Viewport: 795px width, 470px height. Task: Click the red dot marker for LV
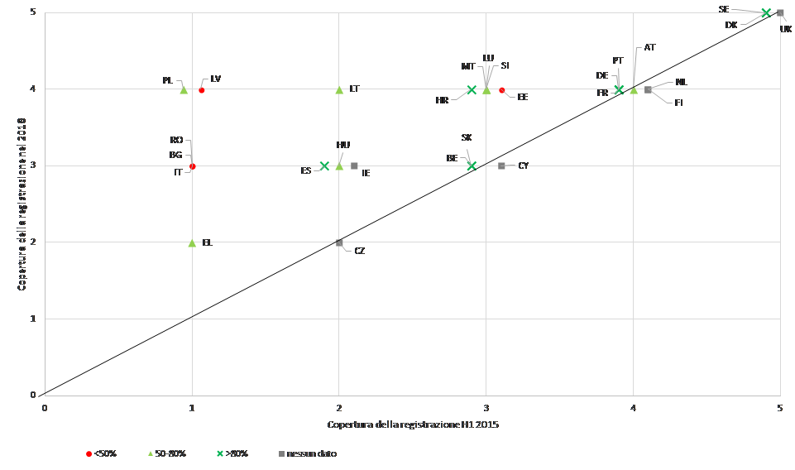(x=202, y=90)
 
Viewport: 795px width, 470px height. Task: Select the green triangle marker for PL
(x=184, y=89)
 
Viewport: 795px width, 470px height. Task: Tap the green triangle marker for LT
(x=339, y=89)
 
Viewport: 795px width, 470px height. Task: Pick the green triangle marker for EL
(x=192, y=242)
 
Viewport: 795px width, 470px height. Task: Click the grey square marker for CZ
(x=339, y=242)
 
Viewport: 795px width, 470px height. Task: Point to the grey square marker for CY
(x=501, y=165)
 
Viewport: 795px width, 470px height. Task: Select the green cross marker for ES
(x=324, y=166)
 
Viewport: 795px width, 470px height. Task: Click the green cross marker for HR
(x=472, y=89)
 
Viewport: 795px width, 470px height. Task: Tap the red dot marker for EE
(x=502, y=90)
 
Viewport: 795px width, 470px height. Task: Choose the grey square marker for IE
(x=354, y=165)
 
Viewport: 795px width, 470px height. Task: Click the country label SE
(x=724, y=9)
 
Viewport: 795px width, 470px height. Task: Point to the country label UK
(x=785, y=29)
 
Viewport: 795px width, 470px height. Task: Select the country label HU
(x=343, y=145)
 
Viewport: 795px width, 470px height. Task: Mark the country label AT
(x=649, y=48)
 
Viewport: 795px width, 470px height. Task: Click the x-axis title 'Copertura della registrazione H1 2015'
(x=412, y=424)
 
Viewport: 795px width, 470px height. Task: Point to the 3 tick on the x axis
(x=486, y=407)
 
